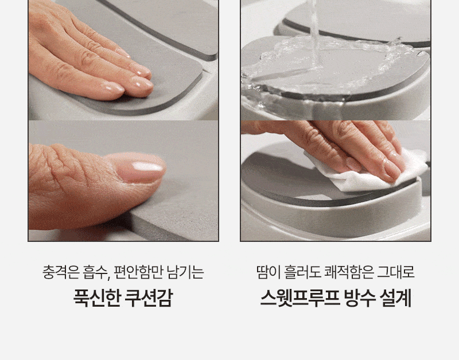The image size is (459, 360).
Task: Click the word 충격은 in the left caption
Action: coord(61,272)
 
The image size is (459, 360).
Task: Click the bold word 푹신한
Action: coord(96,298)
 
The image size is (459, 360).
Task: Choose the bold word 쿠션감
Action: coord(149,298)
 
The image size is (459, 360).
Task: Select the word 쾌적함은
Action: coord(349,272)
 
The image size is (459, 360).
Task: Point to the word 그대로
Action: coord(396,272)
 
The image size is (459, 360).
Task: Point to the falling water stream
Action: coord(315,35)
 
